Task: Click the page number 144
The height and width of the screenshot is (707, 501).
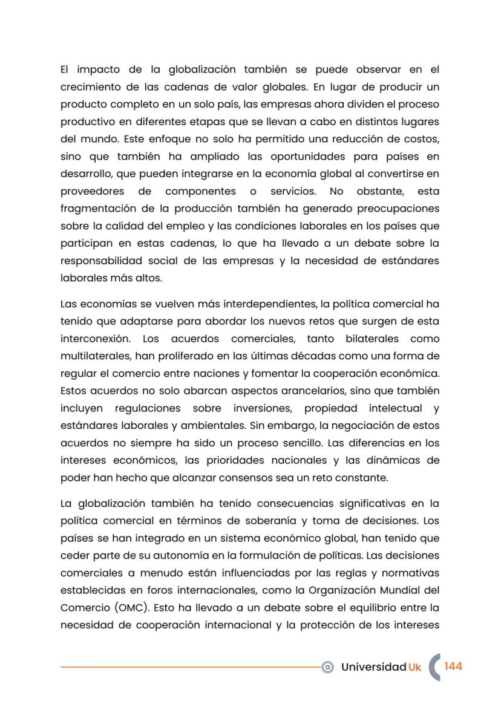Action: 453,666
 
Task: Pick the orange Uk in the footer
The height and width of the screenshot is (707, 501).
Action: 415,667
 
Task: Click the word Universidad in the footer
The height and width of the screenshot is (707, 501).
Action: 373,667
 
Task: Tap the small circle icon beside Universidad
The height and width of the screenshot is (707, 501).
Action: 328,667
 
